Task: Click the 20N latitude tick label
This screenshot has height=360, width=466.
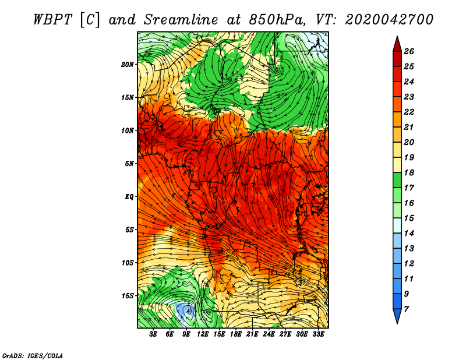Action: coord(127,65)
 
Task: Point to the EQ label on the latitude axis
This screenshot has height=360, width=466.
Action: coord(129,197)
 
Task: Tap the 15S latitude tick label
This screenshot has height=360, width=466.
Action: coord(127,296)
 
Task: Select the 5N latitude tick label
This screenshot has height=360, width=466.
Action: coord(129,164)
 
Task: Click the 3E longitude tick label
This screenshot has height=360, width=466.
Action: coord(153,334)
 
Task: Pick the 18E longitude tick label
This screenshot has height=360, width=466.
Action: coord(235,334)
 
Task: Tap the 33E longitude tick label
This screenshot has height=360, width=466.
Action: coord(318,334)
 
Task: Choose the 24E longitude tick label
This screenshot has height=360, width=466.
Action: coord(269,334)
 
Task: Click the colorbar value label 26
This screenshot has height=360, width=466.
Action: coord(409,51)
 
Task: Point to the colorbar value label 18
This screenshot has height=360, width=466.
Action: coord(409,172)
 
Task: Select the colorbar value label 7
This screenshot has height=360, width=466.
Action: coord(406,309)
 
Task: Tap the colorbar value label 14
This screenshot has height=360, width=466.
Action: coord(409,234)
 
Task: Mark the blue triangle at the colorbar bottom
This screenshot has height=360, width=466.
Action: coord(397,316)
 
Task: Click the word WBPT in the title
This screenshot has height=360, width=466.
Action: coord(52,20)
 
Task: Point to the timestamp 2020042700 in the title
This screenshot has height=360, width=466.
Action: coord(389,20)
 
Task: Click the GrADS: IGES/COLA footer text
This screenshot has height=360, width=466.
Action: coord(33,356)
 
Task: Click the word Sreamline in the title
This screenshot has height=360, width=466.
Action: coord(181,20)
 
